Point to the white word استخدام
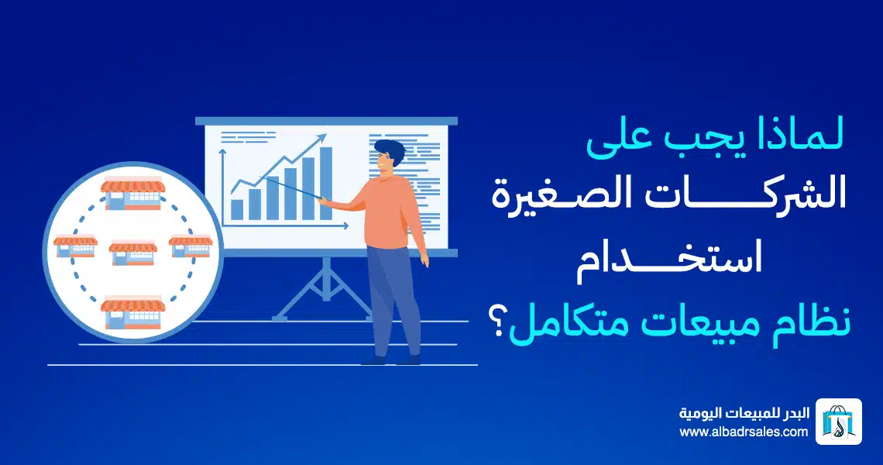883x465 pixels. coord(669,262)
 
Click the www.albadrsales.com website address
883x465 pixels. coord(744,432)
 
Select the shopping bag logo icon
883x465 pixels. coord(839,422)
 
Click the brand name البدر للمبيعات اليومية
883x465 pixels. coord(744,413)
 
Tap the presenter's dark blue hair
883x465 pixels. coord(391,150)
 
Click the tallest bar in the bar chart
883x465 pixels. coord(326,183)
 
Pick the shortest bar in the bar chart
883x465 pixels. coord(237,209)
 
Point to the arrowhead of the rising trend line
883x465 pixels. coord(322,137)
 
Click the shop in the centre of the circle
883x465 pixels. coord(133,253)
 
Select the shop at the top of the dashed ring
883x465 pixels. coord(133,194)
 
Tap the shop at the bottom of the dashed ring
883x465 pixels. coord(133,313)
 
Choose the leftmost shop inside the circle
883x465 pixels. coord(75,247)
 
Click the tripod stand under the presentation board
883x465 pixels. coord(325,291)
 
